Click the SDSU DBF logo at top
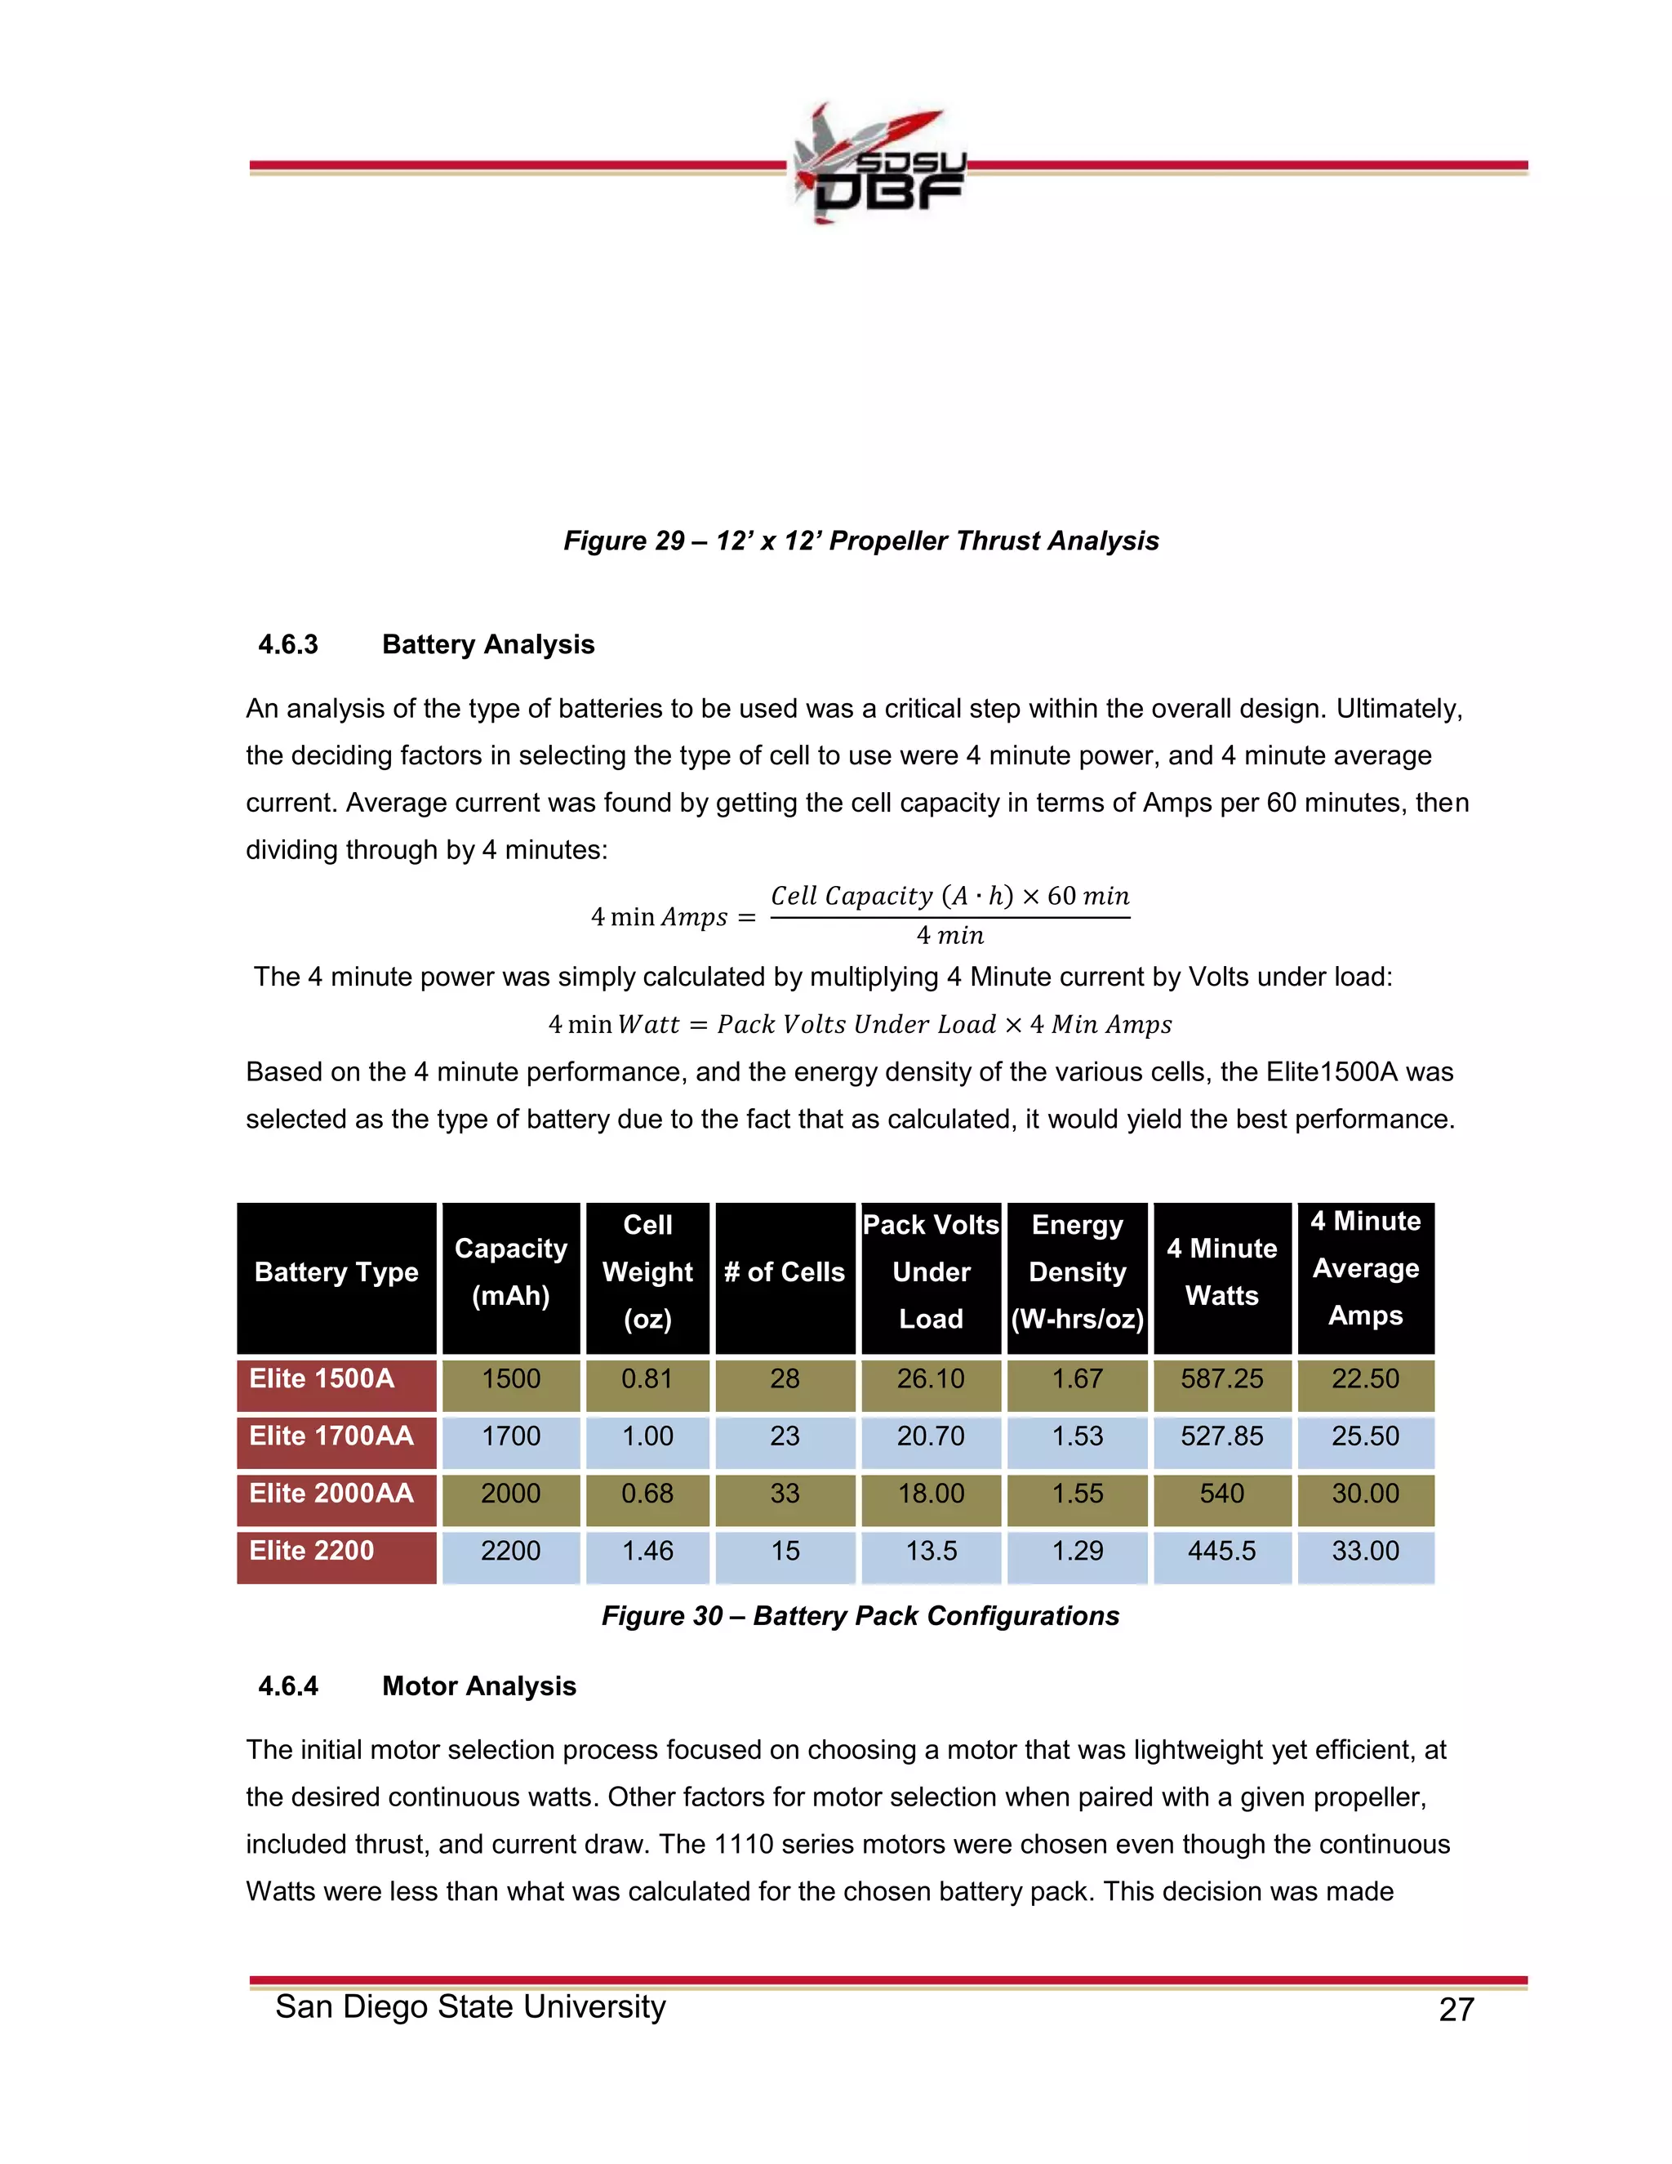(877, 164)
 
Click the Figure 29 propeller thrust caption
(860, 540)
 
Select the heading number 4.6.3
(288, 644)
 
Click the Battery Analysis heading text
(488, 644)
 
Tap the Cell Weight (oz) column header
(647, 1272)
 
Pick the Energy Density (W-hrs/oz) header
(1077, 1272)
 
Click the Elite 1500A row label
(321, 1378)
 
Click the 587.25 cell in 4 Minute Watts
(1221, 1378)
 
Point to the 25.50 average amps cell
(1365, 1436)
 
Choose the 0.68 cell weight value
(647, 1494)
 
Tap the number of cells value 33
(785, 1494)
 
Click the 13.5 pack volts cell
(931, 1551)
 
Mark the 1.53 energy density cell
(1077, 1436)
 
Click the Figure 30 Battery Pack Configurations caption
(860, 1615)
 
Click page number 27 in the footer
(1456, 2010)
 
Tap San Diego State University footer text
(470, 2006)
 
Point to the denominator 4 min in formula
(949, 935)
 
